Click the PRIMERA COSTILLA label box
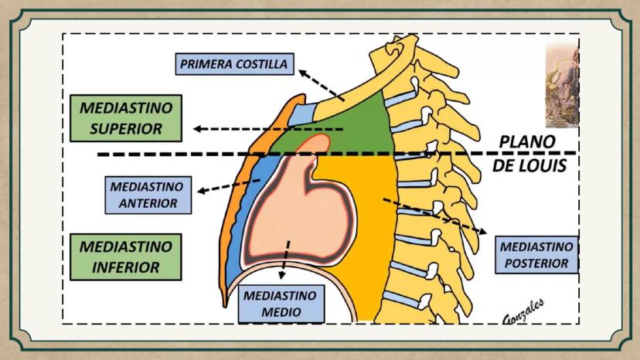(233, 64)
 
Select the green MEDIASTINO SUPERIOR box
(125, 117)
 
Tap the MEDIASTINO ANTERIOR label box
(147, 195)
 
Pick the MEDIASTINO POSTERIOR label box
(536, 255)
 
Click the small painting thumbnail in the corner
(561, 85)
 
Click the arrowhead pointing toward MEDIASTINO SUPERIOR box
(199, 129)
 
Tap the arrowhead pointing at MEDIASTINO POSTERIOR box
(483, 231)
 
